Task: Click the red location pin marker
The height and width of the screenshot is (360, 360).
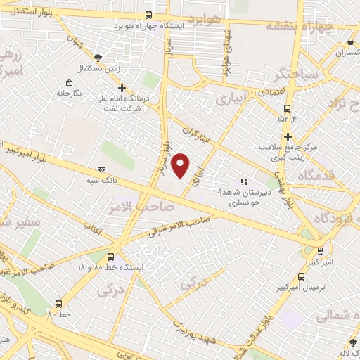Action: [181, 165]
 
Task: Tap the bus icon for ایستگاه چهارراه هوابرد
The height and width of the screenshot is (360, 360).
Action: [148, 15]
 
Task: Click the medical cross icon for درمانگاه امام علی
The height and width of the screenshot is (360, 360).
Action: [122, 89]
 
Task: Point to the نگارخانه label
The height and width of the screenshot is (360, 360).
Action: [69, 92]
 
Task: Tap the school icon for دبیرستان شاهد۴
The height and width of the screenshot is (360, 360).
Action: [244, 181]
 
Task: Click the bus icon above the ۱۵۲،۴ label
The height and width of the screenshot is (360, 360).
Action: [287, 108]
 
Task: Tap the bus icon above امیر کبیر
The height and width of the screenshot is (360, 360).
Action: [321, 251]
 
